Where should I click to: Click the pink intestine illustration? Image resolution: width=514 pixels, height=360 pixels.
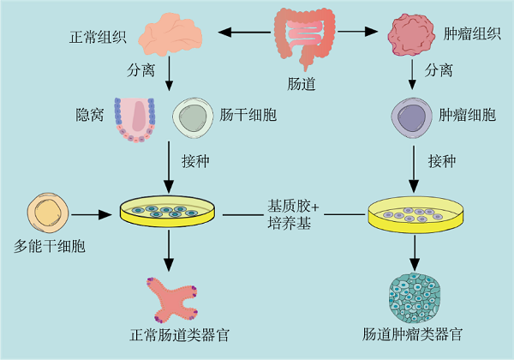click(305, 34)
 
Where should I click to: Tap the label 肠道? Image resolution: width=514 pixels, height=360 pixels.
click(305, 83)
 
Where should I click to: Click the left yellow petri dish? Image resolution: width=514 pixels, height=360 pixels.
click(169, 212)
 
